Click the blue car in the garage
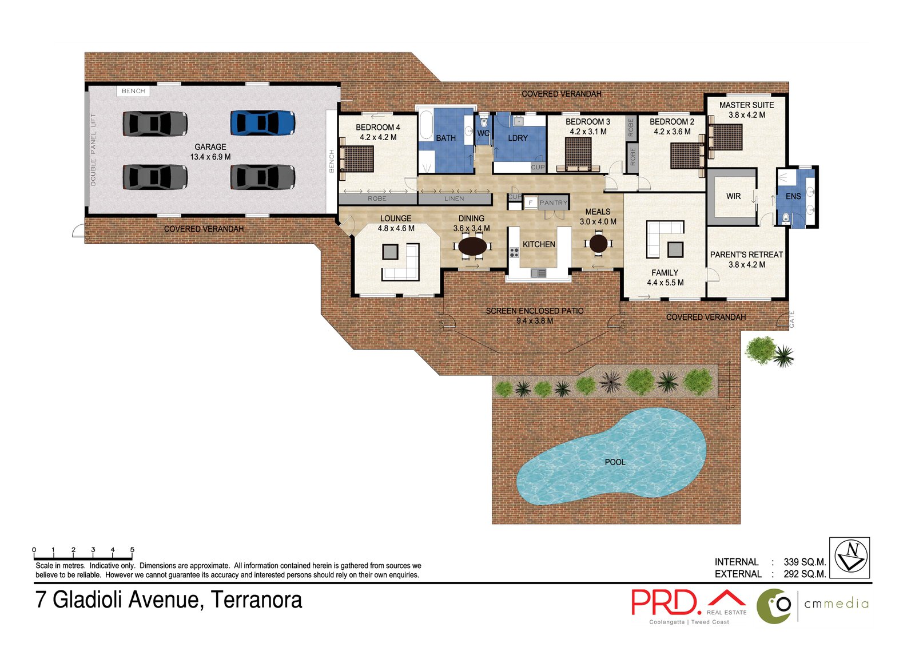(x=262, y=122)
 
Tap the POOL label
(x=615, y=462)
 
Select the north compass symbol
(x=850, y=557)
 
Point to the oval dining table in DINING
(x=472, y=246)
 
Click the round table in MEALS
(x=598, y=244)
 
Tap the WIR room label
(x=733, y=196)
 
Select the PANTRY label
(x=553, y=203)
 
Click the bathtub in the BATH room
(x=426, y=126)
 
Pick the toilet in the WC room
(x=484, y=122)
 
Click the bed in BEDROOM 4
(x=357, y=158)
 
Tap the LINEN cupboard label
(x=454, y=199)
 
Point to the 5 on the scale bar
(x=132, y=550)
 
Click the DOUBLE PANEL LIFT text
(x=93, y=149)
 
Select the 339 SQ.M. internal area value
(x=804, y=562)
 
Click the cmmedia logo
(x=812, y=605)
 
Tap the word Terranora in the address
(x=256, y=600)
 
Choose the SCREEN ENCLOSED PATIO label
(x=534, y=311)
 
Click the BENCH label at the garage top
(x=133, y=91)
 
